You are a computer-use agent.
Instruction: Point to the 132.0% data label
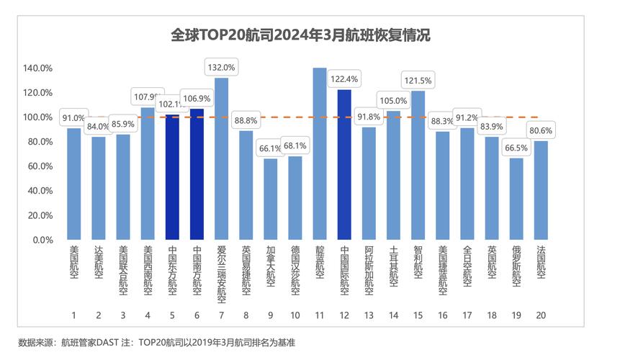tap(221, 67)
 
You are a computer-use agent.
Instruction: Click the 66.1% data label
tap(270, 148)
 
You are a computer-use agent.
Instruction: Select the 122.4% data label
tap(344, 78)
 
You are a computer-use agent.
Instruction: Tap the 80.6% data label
tap(541, 131)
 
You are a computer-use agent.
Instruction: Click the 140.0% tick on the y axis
tap(37, 68)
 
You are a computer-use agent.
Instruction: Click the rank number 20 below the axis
tap(541, 314)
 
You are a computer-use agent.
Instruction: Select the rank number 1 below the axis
tap(73, 314)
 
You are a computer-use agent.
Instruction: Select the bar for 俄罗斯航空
tap(516, 199)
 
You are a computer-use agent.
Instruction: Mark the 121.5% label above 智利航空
tap(418, 80)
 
